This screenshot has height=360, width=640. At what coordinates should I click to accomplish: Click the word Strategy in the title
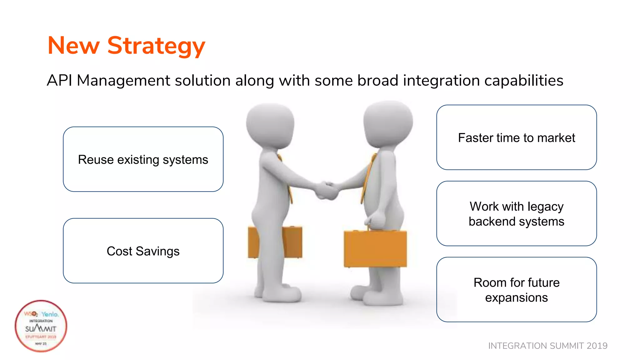point(156,46)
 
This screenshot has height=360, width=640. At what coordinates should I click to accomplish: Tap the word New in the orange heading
point(73,46)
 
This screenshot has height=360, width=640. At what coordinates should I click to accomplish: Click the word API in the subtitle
point(59,80)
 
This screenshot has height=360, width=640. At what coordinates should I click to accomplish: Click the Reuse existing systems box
point(143,159)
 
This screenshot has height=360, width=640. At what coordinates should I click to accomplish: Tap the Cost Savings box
point(143,251)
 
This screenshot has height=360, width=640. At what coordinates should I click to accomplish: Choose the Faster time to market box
point(516,137)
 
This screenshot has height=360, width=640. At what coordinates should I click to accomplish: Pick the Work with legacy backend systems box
point(516,213)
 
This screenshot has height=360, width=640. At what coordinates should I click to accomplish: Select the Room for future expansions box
point(516,289)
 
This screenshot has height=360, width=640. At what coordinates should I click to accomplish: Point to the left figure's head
point(270,125)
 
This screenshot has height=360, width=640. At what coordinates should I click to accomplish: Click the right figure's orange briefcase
point(375,248)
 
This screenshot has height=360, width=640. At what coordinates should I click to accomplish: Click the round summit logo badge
point(41,326)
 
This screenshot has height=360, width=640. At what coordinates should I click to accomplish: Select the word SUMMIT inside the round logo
point(41,329)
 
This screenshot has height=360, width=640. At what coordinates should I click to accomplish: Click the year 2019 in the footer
point(597,346)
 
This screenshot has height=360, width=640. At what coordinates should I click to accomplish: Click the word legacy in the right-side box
point(545,207)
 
